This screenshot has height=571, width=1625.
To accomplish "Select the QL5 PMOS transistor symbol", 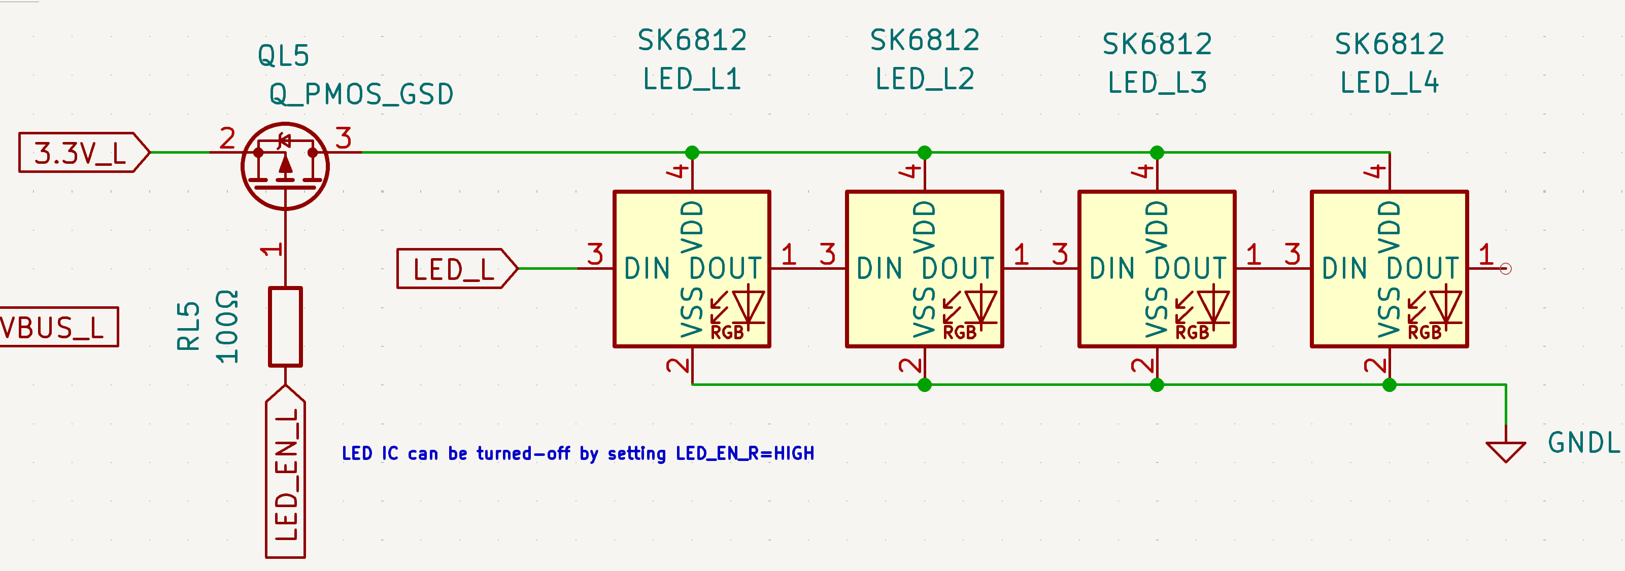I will pyautogui.click(x=285, y=166).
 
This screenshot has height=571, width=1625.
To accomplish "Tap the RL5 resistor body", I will pyautogui.click(x=285, y=327).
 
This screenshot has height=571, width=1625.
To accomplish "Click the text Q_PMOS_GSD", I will pyautogui.click(x=361, y=94).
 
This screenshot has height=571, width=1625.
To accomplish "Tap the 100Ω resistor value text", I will pyautogui.click(x=227, y=327).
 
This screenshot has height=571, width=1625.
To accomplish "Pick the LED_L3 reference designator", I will pyautogui.click(x=1157, y=83).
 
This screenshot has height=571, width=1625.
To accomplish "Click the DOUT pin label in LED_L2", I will pyautogui.click(x=958, y=268).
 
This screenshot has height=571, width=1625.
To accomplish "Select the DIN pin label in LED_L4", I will pyautogui.click(x=1344, y=268).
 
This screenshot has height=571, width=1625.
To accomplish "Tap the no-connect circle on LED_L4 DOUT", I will pyautogui.click(x=1506, y=269).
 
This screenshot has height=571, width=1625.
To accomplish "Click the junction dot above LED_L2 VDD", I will pyautogui.click(x=924, y=153).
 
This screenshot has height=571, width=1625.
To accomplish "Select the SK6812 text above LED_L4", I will pyautogui.click(x=1389, y=45).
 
